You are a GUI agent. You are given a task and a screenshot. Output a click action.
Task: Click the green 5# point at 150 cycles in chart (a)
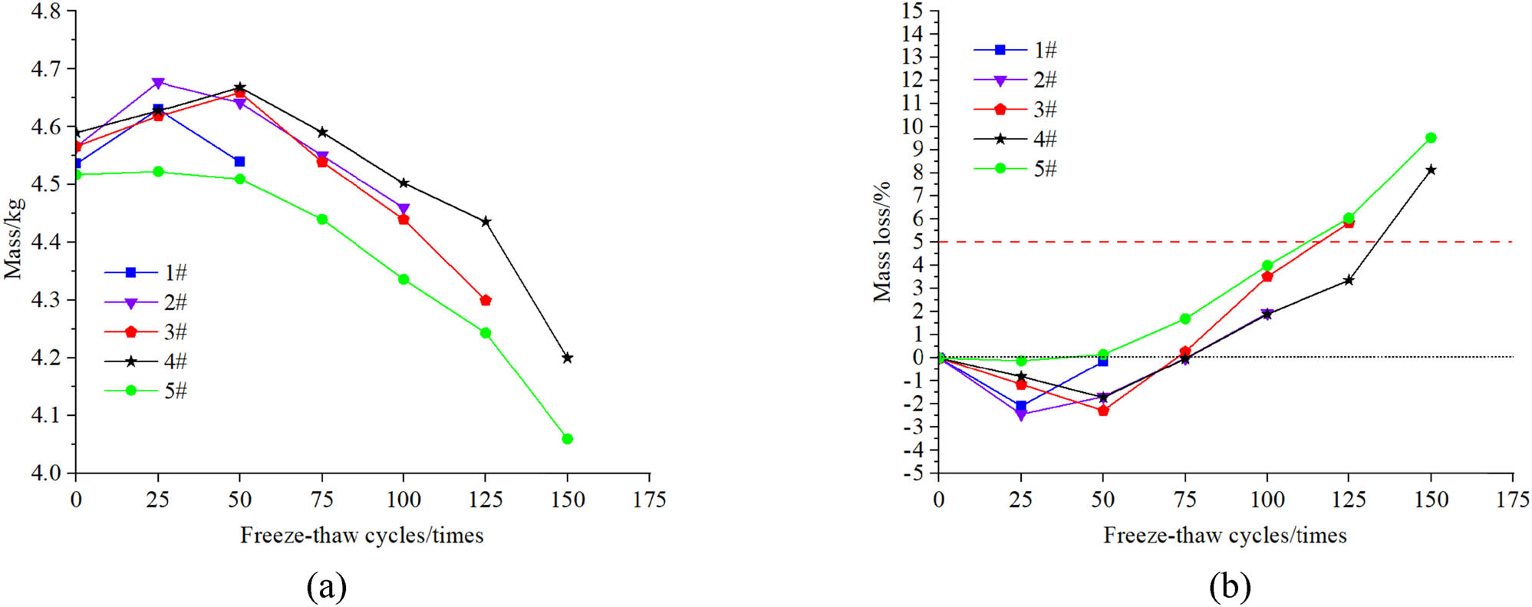point(567,439)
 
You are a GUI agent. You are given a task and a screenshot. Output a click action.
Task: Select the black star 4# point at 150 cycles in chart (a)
point(567,358)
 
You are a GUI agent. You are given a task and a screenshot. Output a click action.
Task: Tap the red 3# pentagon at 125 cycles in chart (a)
point(485,300)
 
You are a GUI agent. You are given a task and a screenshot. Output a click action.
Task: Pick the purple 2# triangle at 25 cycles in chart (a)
point(158,83)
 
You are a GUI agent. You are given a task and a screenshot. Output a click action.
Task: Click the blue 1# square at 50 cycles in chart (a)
point(239,161)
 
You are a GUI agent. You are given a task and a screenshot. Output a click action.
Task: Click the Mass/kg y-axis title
point(13,238)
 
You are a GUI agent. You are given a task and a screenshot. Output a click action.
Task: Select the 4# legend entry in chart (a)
point(146,361)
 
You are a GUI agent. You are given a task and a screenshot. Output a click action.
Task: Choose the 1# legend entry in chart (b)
point(1016,50)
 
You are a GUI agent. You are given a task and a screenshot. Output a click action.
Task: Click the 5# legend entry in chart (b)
point(1016,168)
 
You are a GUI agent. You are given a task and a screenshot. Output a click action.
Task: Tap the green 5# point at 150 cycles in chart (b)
point(1430,138)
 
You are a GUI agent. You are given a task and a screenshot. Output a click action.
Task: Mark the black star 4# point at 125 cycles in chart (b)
point(1348,280)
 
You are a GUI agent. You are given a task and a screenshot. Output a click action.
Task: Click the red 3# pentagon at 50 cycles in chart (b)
point(1102,411)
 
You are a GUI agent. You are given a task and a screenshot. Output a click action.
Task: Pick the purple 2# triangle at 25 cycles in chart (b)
point(1020,415)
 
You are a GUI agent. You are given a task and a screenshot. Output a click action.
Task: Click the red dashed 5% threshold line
point(1227,242)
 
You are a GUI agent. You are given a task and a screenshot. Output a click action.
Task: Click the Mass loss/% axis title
point(882,242)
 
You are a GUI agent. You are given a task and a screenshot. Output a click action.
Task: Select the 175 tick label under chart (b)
point(1511,500)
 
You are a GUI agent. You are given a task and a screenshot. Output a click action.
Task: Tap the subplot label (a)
point(327,587)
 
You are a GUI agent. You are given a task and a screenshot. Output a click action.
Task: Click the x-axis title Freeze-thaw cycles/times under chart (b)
point(1224,536)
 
